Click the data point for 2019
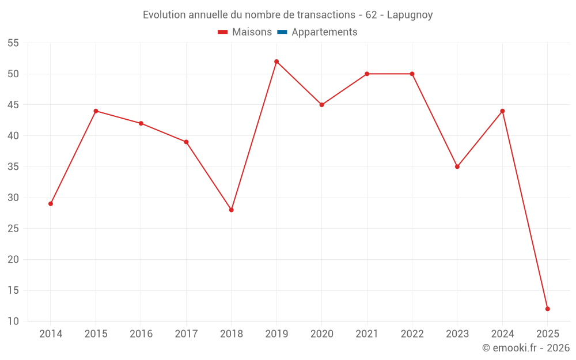pyautogui.click(x=276, y=62)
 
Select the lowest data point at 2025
pyautogui.click(x=547, y=309)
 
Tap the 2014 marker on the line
pyautogui.click(x=51, y=203)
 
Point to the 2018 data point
pyautogui.click(x=231, y=210)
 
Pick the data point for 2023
pyautogui.click(x=457, y=166)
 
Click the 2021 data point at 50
pyautogui.click(x=367, y=74)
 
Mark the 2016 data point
pyautogui.click(x=141, y=123)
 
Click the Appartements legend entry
pyautogui.click(x=324, y=32)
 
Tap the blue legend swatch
pyautogui.click(x=282, y=32)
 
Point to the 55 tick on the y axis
pyautogui.click(x=13, y=43)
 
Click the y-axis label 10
pyautogui.click(x=13, y=321)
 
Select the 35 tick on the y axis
pyautogui.click(x=13, y=167)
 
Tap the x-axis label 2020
pyautogui.click(x=321, y=334)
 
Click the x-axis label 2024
pyautogui.click(x=502, y=334)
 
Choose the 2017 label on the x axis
pyautogui.click(x=186, y=334)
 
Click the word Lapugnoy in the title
pyautogui.click(x=410, y=15)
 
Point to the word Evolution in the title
pyautogui.click(x=164, y=15)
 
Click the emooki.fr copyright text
pyautogui.click(x=526, y=348)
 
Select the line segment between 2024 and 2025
pyautogui.click(x=525, y=210)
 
